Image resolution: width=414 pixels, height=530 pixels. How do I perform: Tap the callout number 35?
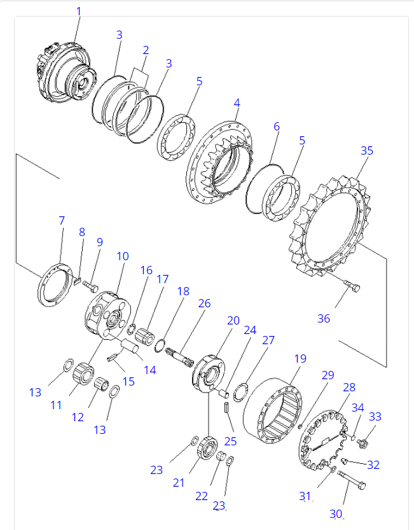click(x=367, y=151)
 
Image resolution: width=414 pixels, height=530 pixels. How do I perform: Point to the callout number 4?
click(x=237, y=102)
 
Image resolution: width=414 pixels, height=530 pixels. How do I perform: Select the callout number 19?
click(x=300, y=359)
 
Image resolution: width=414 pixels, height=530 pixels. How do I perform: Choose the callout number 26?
click(x=204, y=303)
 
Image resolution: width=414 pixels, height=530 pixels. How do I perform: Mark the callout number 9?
click(x=99, y=242)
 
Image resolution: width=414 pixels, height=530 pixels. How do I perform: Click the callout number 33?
click(x=376, y=417)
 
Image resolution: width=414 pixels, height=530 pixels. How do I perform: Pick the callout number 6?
click(x=277, y=127)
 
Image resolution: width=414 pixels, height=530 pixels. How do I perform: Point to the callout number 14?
click(x=149, y=370)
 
